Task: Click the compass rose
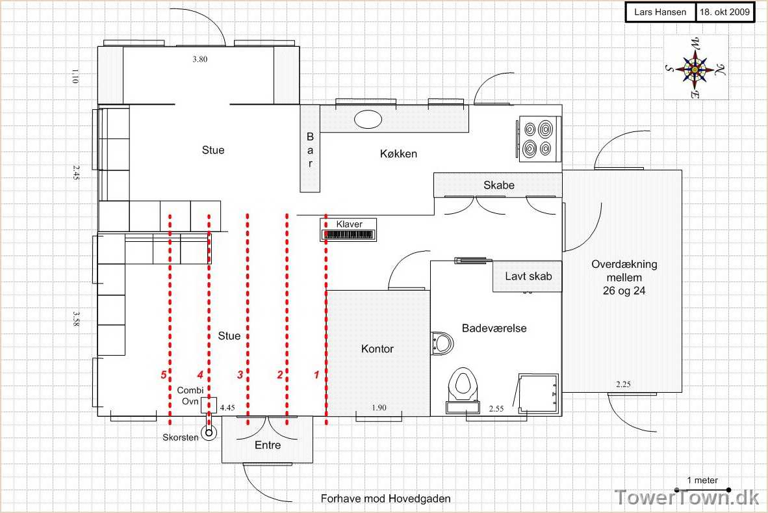(x=695, y=68)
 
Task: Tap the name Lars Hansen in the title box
(x=659, y=12)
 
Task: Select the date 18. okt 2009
(x=724, y=12)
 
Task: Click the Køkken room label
(x=398, y=154)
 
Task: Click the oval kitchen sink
(x=368, y=119)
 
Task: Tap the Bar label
(x=310, y=150)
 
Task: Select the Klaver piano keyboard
(x=348, y=235)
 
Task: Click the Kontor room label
(x=377, y=349)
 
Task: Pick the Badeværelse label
(x=494, y=328)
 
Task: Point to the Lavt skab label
(x=528, y=276)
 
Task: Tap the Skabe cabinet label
(x=498, y=185)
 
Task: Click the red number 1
(x=316, y=375)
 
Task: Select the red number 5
(x=164, y=375)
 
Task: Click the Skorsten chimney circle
(x=209, y=433)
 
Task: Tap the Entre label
(x=268, y=445)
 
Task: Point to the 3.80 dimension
(x=200, y=59)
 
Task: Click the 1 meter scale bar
(x=702, y=490)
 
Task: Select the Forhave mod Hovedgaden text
(x=385, y=499)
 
